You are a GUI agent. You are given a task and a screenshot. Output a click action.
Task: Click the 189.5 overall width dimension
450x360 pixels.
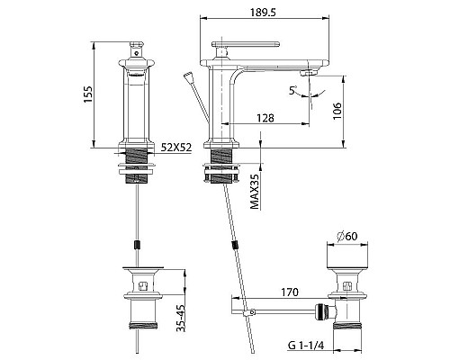pyautogui.click(x=263, y=13)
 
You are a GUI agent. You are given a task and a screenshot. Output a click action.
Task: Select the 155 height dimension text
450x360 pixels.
pyautogui.click(x=88, y=94)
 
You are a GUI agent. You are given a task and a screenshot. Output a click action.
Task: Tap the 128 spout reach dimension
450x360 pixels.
pyautogui.click(x=265, y=118)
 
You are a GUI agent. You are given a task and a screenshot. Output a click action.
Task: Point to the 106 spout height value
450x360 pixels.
pyautogui.click(x=337, y=111)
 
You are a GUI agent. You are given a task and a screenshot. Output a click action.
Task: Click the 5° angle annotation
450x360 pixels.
pyautogui.click(x=292, y=90)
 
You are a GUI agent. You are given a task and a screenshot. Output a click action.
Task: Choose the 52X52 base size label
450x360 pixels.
pyautogui.click(x=176, y=148)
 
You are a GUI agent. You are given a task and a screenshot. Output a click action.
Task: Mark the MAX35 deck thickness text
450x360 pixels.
pyautogui.click(x=255, y=192)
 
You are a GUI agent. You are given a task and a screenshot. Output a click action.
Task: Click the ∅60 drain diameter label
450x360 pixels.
pyautogui.click(x=347, y=237)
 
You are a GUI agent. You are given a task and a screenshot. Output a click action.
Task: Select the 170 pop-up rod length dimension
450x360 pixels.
pyautogui.click(x=290, y=292)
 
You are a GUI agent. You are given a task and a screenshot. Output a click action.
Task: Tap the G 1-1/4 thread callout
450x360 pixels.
pyautogui.click(x=306, y=346)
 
